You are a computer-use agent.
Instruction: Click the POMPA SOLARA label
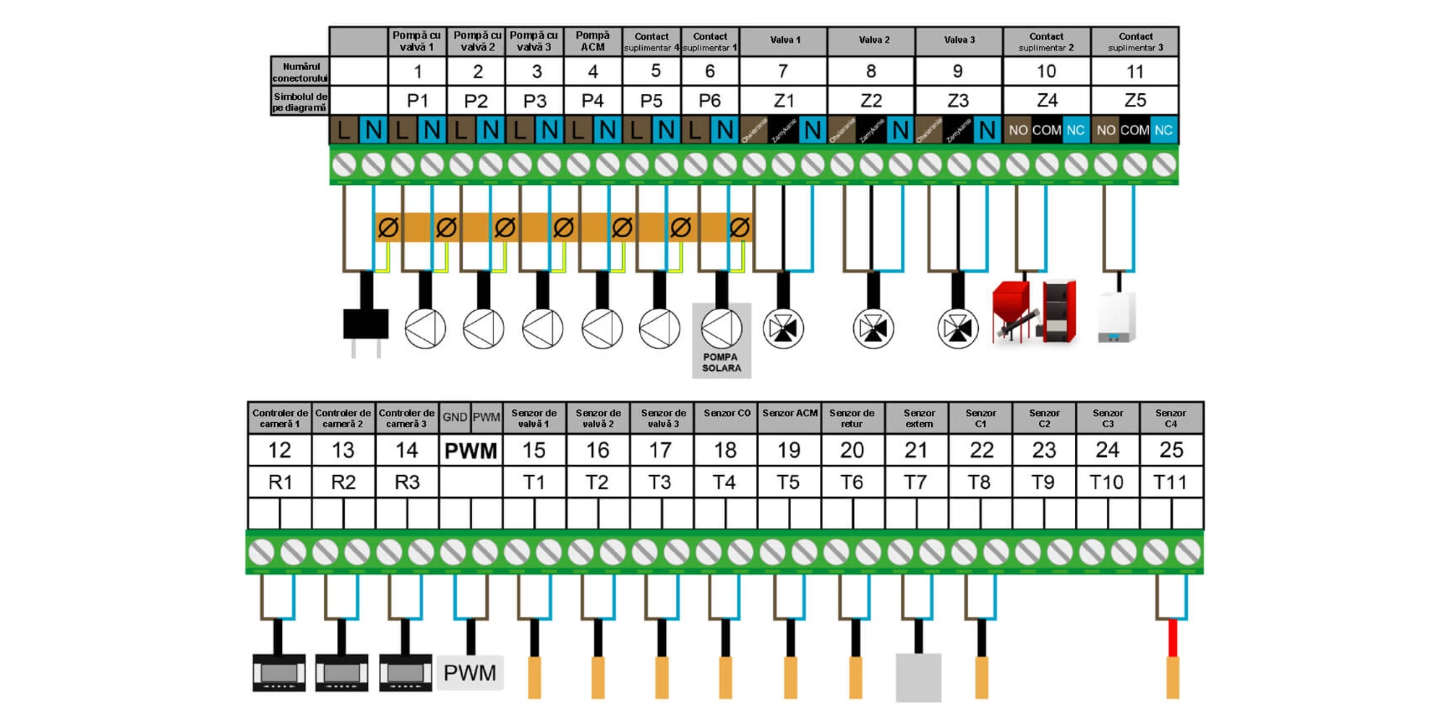(721, 362)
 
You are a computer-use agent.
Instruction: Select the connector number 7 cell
(783, 72)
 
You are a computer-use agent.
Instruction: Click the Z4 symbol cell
(1046, 100)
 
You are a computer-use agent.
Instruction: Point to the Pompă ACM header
(592, 41)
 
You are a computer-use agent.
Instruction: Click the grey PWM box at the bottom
(470, 673)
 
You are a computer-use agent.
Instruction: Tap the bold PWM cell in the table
(471, 451)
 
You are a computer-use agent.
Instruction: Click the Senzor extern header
(918, 419)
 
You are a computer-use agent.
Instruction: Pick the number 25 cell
(1171, 450)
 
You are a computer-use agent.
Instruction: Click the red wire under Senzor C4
(1173, 638)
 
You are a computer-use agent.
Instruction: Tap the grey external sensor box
(918, 677)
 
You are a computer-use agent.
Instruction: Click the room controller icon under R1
(279, 673)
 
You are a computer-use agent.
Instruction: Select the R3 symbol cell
(407, 482)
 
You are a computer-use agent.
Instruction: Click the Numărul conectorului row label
(300, 72)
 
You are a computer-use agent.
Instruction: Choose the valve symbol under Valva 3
(958, 328)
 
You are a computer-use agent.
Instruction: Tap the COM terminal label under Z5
(1134, 130)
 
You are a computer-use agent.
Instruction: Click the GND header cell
(455, 417)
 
